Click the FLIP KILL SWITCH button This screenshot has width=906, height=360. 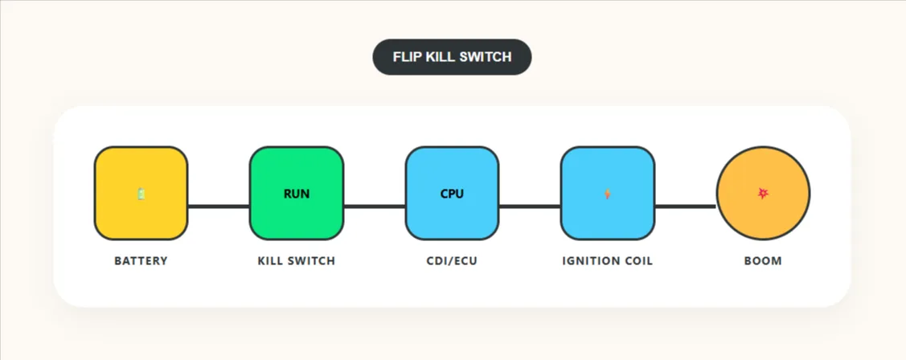coord(452,57)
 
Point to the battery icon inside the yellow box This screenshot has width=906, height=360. coord(141,194)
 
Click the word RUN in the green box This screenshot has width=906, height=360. coord(297,194)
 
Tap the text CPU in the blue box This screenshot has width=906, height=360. coord(452,194)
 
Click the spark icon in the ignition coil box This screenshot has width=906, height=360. coord(607,194)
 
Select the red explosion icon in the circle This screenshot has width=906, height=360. coord(763,194)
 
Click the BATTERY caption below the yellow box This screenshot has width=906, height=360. coord(141,261)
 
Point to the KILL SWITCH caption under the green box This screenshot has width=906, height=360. coord(297,261)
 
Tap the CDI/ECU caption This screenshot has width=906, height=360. coord(452,261)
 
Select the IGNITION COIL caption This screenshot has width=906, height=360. coord(607,261)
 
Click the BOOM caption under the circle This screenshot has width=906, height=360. coord(763,261)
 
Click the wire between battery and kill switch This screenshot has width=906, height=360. coord(219,207)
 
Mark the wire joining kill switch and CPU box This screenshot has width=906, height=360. coord(375,207)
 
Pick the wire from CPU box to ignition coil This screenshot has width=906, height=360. coord(530,207)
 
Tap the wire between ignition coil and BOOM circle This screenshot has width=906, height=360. coord(685,207)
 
